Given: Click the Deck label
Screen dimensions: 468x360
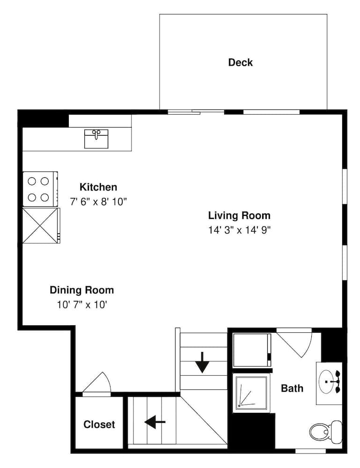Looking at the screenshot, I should [240, 62].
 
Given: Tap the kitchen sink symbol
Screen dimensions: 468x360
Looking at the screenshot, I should [96, 139].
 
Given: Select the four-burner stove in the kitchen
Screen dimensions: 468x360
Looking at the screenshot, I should [39, 189].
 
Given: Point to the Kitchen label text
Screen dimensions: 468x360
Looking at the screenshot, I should [98, 187].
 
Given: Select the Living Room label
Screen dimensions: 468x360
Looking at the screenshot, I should [239, 216].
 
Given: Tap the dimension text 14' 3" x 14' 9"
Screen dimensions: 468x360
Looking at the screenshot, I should [240, 230].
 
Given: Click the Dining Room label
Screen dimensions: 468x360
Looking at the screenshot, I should [81, 290].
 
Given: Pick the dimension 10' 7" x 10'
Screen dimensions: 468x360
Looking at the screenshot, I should [81, 304].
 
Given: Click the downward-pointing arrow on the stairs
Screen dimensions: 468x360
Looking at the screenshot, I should [202, 362].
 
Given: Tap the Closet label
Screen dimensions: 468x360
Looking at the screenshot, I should [99, 424].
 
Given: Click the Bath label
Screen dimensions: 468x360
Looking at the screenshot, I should [292, 388].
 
